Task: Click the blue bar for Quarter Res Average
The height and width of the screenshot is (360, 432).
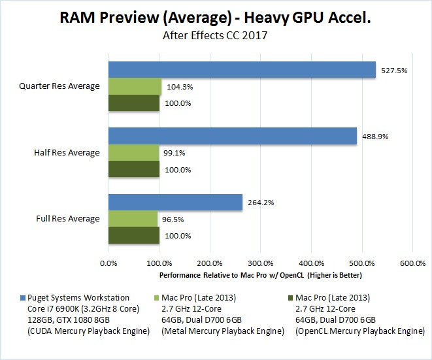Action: [x=242, y=69]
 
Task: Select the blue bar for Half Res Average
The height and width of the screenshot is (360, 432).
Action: [x=232, y=135]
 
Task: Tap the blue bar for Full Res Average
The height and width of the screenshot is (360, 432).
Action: [x=175, y=202]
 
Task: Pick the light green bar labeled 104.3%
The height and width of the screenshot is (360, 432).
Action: [x=135, y=86]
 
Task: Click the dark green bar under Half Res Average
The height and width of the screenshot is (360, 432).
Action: [x=133, y=169]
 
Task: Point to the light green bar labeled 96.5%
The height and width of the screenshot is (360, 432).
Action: [x=133, y=219]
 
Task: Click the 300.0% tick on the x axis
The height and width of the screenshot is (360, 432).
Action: [x=260, y=263]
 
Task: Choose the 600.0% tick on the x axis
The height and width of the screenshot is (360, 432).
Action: [x=412, y=263]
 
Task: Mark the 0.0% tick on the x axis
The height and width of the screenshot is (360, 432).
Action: [x=108, y=263]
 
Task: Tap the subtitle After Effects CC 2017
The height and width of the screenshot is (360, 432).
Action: [x=215, y=37]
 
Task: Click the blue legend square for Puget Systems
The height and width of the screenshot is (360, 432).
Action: [x=24, y=298]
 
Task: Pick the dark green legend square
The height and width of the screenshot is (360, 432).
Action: [x=290, y=298]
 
